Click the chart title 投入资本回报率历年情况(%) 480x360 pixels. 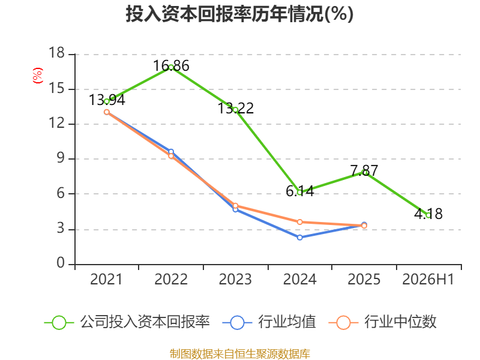pos(239,14)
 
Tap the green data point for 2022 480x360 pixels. pos(171,67)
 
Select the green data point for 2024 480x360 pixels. pos(299,193)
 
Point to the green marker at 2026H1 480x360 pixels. pos(428,215)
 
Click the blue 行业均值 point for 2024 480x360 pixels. pos(299,237)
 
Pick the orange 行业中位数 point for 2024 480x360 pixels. pos(299,222)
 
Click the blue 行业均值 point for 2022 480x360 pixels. pos(171,152)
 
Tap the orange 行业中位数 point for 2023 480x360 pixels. pos(235,206)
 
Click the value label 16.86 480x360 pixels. pos(171,66)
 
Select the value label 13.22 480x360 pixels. pos(235,108)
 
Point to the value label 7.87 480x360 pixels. pos(364,170)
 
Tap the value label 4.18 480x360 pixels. pos(428,214)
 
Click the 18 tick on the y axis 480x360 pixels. pos(56,53)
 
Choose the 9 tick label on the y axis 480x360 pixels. pos(61,158)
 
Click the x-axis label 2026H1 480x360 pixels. pos(428,279)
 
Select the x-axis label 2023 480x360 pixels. pos(235,279)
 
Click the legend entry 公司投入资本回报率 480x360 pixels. pos(127,322)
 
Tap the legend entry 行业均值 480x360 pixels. pos(269,322)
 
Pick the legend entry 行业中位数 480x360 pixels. pos(382,322)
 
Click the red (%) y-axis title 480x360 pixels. pos(38,76)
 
